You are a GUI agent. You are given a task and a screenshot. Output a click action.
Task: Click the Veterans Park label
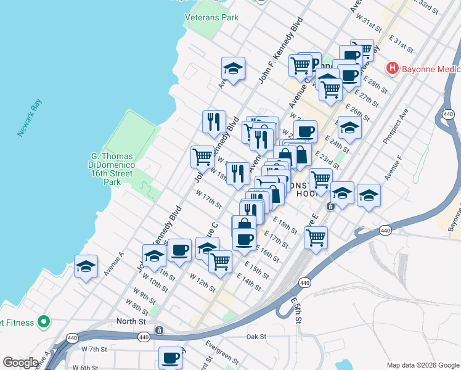211,17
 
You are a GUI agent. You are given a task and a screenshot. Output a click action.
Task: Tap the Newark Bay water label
29,117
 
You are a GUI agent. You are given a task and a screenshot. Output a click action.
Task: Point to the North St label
131,321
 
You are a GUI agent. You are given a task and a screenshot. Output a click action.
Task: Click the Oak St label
255,337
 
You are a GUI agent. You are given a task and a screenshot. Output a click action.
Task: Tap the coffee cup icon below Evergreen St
170,357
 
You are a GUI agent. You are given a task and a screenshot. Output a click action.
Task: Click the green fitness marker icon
43,321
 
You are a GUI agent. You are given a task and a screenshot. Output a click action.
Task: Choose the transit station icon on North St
160,331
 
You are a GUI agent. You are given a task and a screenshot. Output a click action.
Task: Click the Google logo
20,363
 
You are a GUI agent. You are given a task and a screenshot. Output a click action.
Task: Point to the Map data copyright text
423,365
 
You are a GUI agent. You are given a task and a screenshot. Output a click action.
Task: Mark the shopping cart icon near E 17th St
316,237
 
